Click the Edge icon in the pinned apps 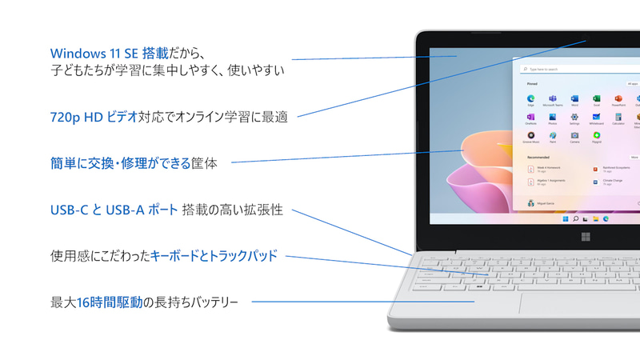tap(530, 98)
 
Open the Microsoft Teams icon tap(553, 98)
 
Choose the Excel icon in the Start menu tap(597, 98)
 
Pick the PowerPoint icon tap(618, 98)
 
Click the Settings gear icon tap(574, 118)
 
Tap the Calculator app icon tap(618, 118)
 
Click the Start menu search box tap(576, 68)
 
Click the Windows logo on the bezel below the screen tap(585, 236)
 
